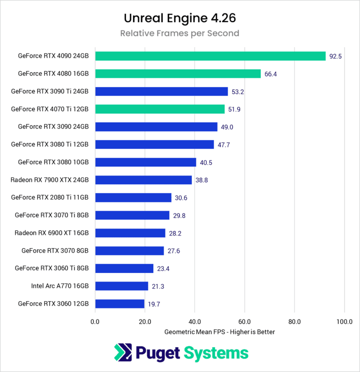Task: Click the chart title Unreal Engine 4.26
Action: click(180, 18)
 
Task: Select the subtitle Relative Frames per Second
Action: click(180, 33)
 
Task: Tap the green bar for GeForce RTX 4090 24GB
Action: click(210, 56)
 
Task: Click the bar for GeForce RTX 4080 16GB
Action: click(178, 74)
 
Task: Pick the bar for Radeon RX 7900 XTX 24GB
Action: click(143, 180)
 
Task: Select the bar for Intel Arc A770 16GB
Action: click(121, 286)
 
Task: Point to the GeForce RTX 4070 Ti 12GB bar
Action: click(160, 109)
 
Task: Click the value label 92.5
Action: click(335, 56)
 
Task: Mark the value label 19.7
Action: click(154, 304)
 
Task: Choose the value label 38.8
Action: click(202, 180)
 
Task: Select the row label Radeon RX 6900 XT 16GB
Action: click(52, 233)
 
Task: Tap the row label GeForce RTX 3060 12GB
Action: click(53, 304)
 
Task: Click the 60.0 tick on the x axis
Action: click(245, 322)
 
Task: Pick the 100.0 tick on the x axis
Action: click(344, 322)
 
